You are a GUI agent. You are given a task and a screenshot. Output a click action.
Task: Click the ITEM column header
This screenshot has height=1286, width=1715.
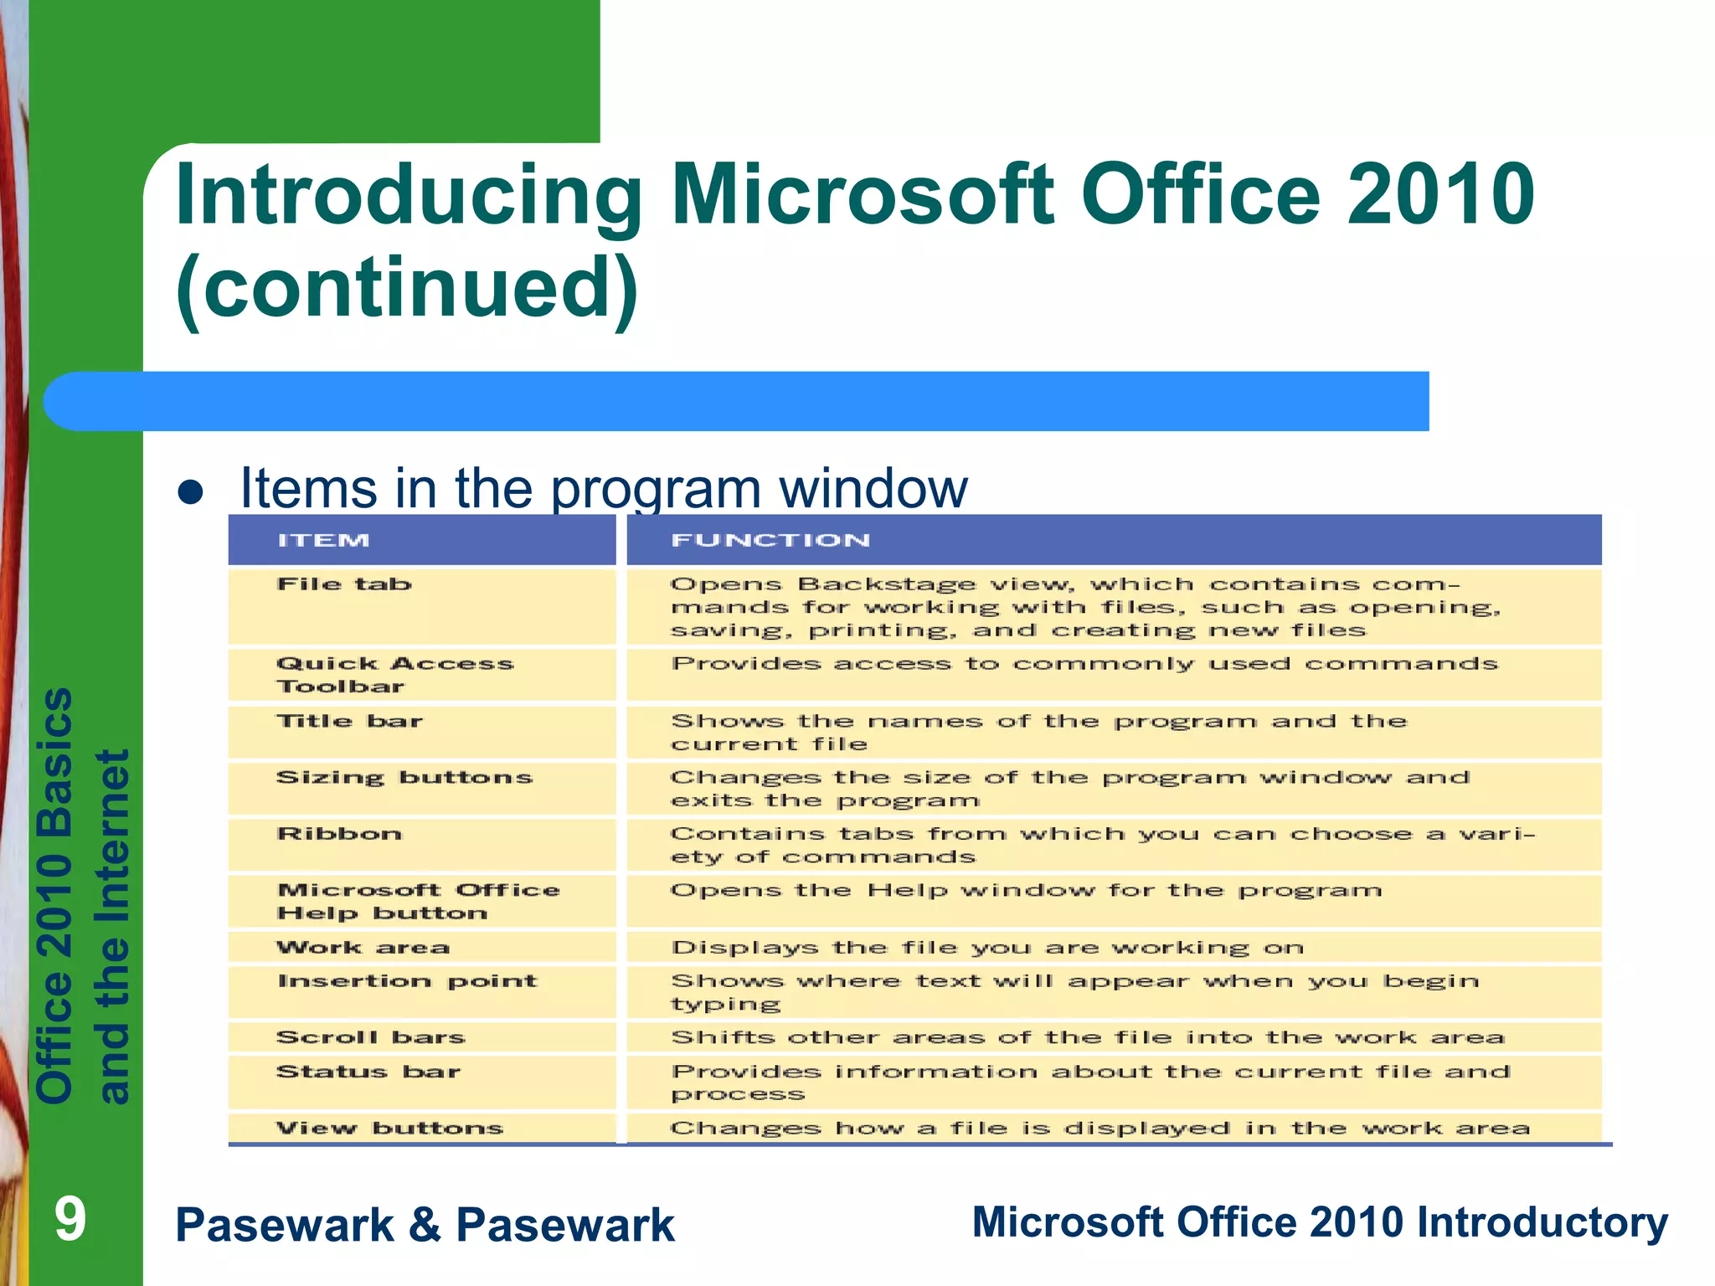[323, 541]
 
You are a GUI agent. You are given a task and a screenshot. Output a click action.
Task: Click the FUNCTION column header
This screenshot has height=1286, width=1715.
[770, 541]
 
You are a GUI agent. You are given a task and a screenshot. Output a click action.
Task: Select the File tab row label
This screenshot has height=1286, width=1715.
[344, 584]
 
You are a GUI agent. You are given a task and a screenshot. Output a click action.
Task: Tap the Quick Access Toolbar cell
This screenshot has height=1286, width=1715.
[394, 675]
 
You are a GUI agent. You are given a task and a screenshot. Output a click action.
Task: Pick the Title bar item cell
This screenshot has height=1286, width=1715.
[349, 722]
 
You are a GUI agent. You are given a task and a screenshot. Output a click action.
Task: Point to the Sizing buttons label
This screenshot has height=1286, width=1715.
[404, 778]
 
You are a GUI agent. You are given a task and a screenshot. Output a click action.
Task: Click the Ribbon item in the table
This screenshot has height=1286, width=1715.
[339, 834]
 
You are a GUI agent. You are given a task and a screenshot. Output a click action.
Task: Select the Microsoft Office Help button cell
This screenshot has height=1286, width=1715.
[417, 902]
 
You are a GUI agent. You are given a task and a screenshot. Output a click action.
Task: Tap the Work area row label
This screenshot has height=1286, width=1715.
[363, 948]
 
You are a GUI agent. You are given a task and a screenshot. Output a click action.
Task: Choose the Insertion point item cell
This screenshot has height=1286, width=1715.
[407, 981]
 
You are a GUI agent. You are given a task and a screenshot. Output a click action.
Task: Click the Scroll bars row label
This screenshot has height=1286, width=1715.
[370, 1037]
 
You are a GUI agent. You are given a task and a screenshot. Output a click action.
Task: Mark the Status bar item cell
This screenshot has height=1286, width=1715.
[368, 1072]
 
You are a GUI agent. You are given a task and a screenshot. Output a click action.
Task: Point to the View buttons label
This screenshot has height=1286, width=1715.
[389, 1128]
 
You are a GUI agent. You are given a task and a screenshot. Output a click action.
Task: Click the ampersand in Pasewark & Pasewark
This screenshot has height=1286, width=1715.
[425, 1225]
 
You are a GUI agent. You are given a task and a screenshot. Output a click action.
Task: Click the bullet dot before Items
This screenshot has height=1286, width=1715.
[191, 492]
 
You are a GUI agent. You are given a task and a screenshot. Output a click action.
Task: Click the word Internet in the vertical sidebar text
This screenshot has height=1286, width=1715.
[113, 846]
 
